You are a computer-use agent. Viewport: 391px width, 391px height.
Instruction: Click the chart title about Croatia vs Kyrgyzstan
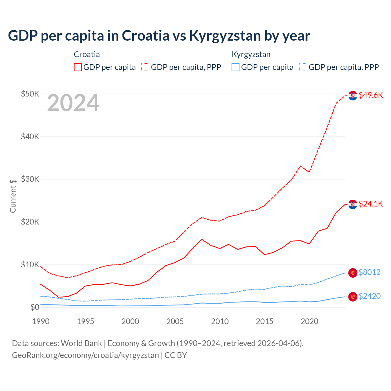click(x=159, y=35)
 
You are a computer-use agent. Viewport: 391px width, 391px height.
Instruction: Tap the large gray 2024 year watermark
click(x=73, y=103)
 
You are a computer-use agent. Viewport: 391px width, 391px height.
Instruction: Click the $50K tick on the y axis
click(x=30, y=94)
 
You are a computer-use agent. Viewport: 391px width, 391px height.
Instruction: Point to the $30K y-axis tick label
click(x=30, y=179)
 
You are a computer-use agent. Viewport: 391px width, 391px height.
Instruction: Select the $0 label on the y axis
click(x=35, y=307)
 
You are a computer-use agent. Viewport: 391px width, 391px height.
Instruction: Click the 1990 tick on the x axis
click(x=41, y=321)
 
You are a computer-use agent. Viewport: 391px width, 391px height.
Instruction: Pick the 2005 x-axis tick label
click(x=175, y=321)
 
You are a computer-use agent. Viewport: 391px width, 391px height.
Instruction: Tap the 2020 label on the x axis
click(x=309, y=321)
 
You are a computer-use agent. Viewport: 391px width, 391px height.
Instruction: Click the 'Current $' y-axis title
click(x=13, y=196)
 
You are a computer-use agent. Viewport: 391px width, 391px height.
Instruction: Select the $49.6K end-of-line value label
click(x=371, y=95)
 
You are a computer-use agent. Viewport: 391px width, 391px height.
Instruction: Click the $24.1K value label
click(x=371, y=204)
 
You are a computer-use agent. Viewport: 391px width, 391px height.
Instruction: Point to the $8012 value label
click(x=369, y=272)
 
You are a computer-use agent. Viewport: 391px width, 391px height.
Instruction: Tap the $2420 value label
click(x=369, y=296)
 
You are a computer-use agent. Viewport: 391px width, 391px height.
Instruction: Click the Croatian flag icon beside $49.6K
click(x=353, y=96)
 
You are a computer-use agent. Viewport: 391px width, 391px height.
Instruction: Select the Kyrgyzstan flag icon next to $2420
click(x=353, y=297)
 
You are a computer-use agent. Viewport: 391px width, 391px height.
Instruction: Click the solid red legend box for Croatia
click(x=78, y=67)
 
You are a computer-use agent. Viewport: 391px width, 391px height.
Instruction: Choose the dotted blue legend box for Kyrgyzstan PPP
click(x=303, y=67)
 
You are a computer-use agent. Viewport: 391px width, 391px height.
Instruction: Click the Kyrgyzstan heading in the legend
click(x=251, y=54)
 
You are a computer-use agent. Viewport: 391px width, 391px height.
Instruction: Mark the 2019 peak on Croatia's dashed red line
click(x=301, y=166)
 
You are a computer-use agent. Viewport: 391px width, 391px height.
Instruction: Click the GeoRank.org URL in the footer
click(x=85, y=355)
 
